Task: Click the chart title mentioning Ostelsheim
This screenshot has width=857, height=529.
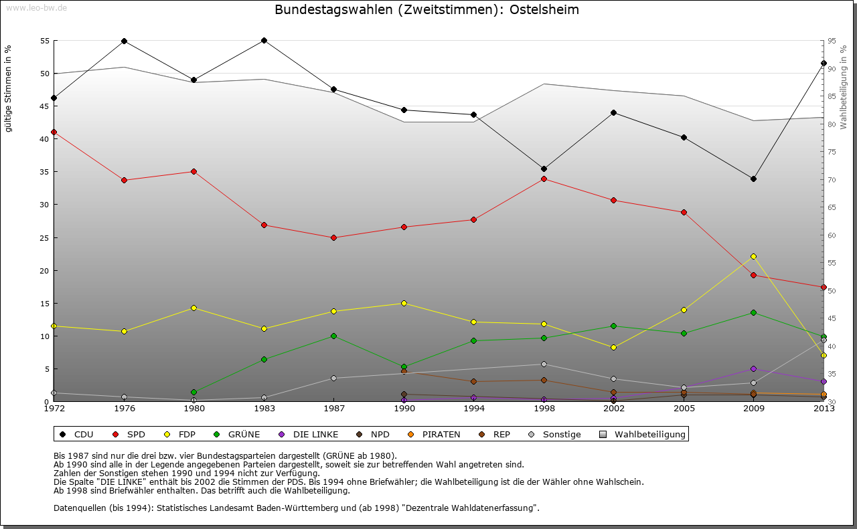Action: pos(426,10)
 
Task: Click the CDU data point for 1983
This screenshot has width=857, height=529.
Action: pos(264,40)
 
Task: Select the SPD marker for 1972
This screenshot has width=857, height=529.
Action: pos(54,132)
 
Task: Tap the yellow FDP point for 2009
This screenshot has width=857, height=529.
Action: pos(753,256)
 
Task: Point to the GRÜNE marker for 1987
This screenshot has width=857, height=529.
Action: pos(333,336)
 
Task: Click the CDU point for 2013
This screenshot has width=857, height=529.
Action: pos(824,63)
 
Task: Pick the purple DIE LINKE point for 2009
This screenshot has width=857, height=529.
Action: pos(753,368)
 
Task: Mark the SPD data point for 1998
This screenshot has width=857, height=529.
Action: pos(544,179)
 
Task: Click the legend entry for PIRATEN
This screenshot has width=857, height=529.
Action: pos(441,435)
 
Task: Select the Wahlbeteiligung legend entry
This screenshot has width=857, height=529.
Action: pos(649,435)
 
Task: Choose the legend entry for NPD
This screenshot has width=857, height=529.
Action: pos(380,435)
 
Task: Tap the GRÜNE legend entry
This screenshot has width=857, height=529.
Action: pos(244,435)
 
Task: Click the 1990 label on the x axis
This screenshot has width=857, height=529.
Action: pos(404,408)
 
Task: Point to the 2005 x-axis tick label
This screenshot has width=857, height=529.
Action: pos(684,408)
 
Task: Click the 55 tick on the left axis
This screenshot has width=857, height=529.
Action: pos(45,41)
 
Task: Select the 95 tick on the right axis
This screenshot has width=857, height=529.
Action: pos(832,41)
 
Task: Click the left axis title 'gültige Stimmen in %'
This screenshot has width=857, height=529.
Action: pos(9,88)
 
